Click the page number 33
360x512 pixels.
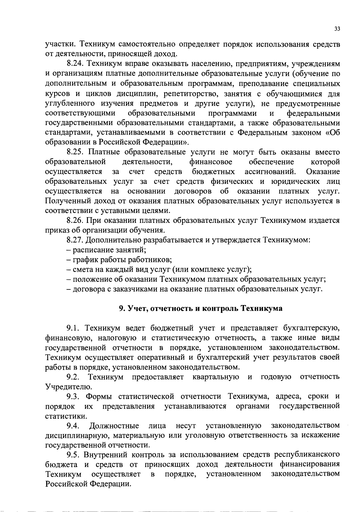tap(337, 29)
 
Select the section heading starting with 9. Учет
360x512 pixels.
tap(200, 309)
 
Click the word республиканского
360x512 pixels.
tap(307, 455)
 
